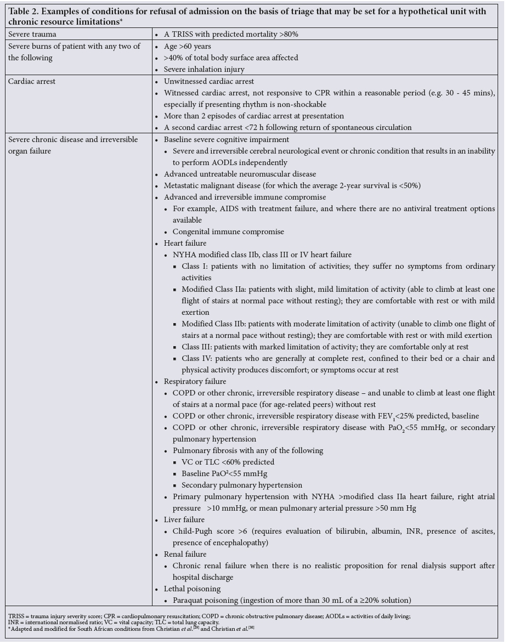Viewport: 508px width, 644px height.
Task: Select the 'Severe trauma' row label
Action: pyautogui.click(x=32, y=34)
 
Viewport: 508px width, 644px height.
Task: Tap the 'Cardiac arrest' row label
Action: pyautogui.click(x=32, y=81)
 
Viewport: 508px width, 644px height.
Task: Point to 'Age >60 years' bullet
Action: pyautogui.click(x=187, y=47)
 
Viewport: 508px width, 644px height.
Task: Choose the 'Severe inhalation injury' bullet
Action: pyautogui.click(x=204, y=70)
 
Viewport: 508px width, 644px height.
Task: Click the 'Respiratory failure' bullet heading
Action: pyautogui.click(x=195, y=381)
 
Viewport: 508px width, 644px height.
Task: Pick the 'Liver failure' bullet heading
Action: pyautogui.click(x=184, y=519)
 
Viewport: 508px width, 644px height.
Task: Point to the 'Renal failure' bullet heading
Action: pyautogui.click(x=185, y=554)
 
